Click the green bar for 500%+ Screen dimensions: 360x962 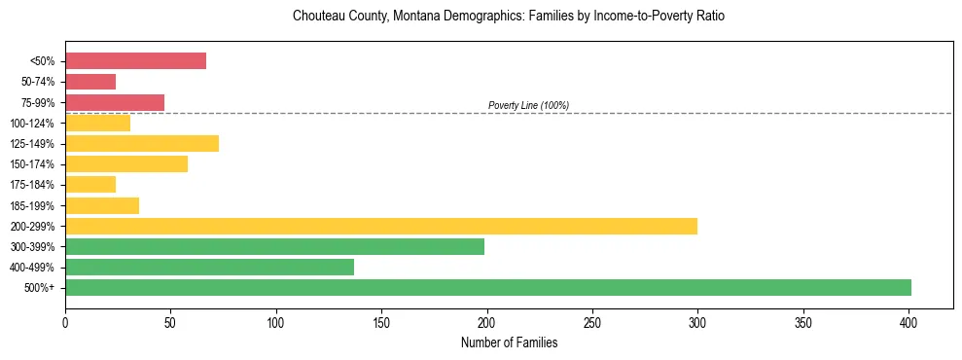click(488, 287)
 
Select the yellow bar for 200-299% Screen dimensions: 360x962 click(381, 226)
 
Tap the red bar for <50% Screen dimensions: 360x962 click(135, 61)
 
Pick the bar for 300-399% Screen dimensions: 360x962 click(274, 246)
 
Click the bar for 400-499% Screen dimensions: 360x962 click(209, 267)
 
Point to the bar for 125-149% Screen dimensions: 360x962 click(142, 143)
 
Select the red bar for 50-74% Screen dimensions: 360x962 click(90, 82)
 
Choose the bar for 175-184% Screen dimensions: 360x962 click(90, 184)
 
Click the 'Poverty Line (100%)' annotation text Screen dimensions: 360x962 click(528, 105)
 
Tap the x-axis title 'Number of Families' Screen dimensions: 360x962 click(509, 342)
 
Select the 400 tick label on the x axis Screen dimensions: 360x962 click(909, 319)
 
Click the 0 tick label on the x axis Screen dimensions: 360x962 click(65, 319)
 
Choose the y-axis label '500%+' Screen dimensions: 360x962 click(40, 288)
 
